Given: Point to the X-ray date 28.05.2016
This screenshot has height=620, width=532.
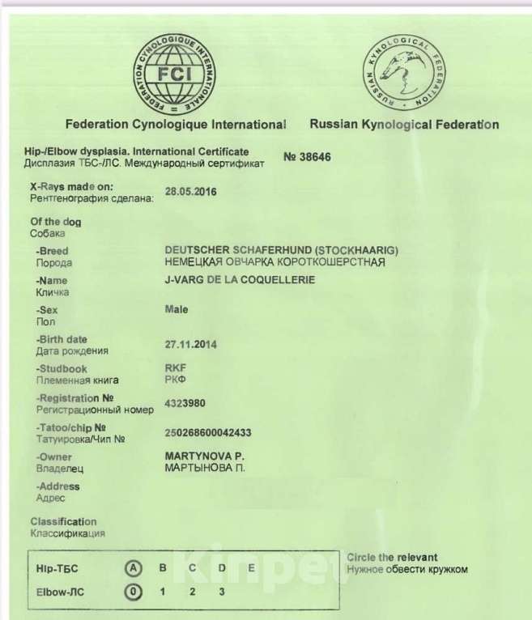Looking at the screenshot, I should click(x=191, y=191).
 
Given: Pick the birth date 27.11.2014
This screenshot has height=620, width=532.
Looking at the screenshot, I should click(x=191, y=344).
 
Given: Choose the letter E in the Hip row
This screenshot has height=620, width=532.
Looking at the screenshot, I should click(x=252, y=568).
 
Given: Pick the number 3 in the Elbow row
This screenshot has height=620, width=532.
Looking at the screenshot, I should click(x=221, y=592).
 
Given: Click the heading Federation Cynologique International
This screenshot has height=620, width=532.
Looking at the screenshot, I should click(x=176, y=125).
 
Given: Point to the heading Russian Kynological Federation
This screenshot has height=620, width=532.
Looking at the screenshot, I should click(x=404, y=125).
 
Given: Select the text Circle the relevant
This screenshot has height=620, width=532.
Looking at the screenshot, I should click(x=391, y=558).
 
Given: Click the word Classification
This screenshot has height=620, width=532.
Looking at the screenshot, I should click(x=63, y=522).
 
